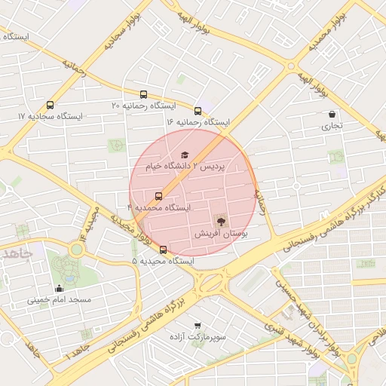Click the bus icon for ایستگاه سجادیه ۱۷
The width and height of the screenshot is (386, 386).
point(51,106)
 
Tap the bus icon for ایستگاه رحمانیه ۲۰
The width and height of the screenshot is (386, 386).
point(144,94)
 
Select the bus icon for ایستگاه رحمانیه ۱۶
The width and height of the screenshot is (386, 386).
point(198,111)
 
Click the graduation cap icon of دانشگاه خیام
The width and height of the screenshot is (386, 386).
point(184,155)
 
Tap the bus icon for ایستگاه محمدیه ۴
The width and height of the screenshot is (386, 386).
point(158,195)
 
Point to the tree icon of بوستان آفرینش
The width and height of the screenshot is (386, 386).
point(221,222)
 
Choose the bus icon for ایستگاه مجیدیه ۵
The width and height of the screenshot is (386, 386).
point(163,250)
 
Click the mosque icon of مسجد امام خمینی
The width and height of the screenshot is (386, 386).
point(60,288)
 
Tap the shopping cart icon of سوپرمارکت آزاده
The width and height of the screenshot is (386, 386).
point(198,326)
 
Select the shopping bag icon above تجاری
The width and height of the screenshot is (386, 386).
point(332,115)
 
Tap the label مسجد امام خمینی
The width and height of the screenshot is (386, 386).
point(60,300)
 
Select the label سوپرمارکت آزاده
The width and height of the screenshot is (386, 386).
point(198,338)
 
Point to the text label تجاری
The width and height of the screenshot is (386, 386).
point(332,126)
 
